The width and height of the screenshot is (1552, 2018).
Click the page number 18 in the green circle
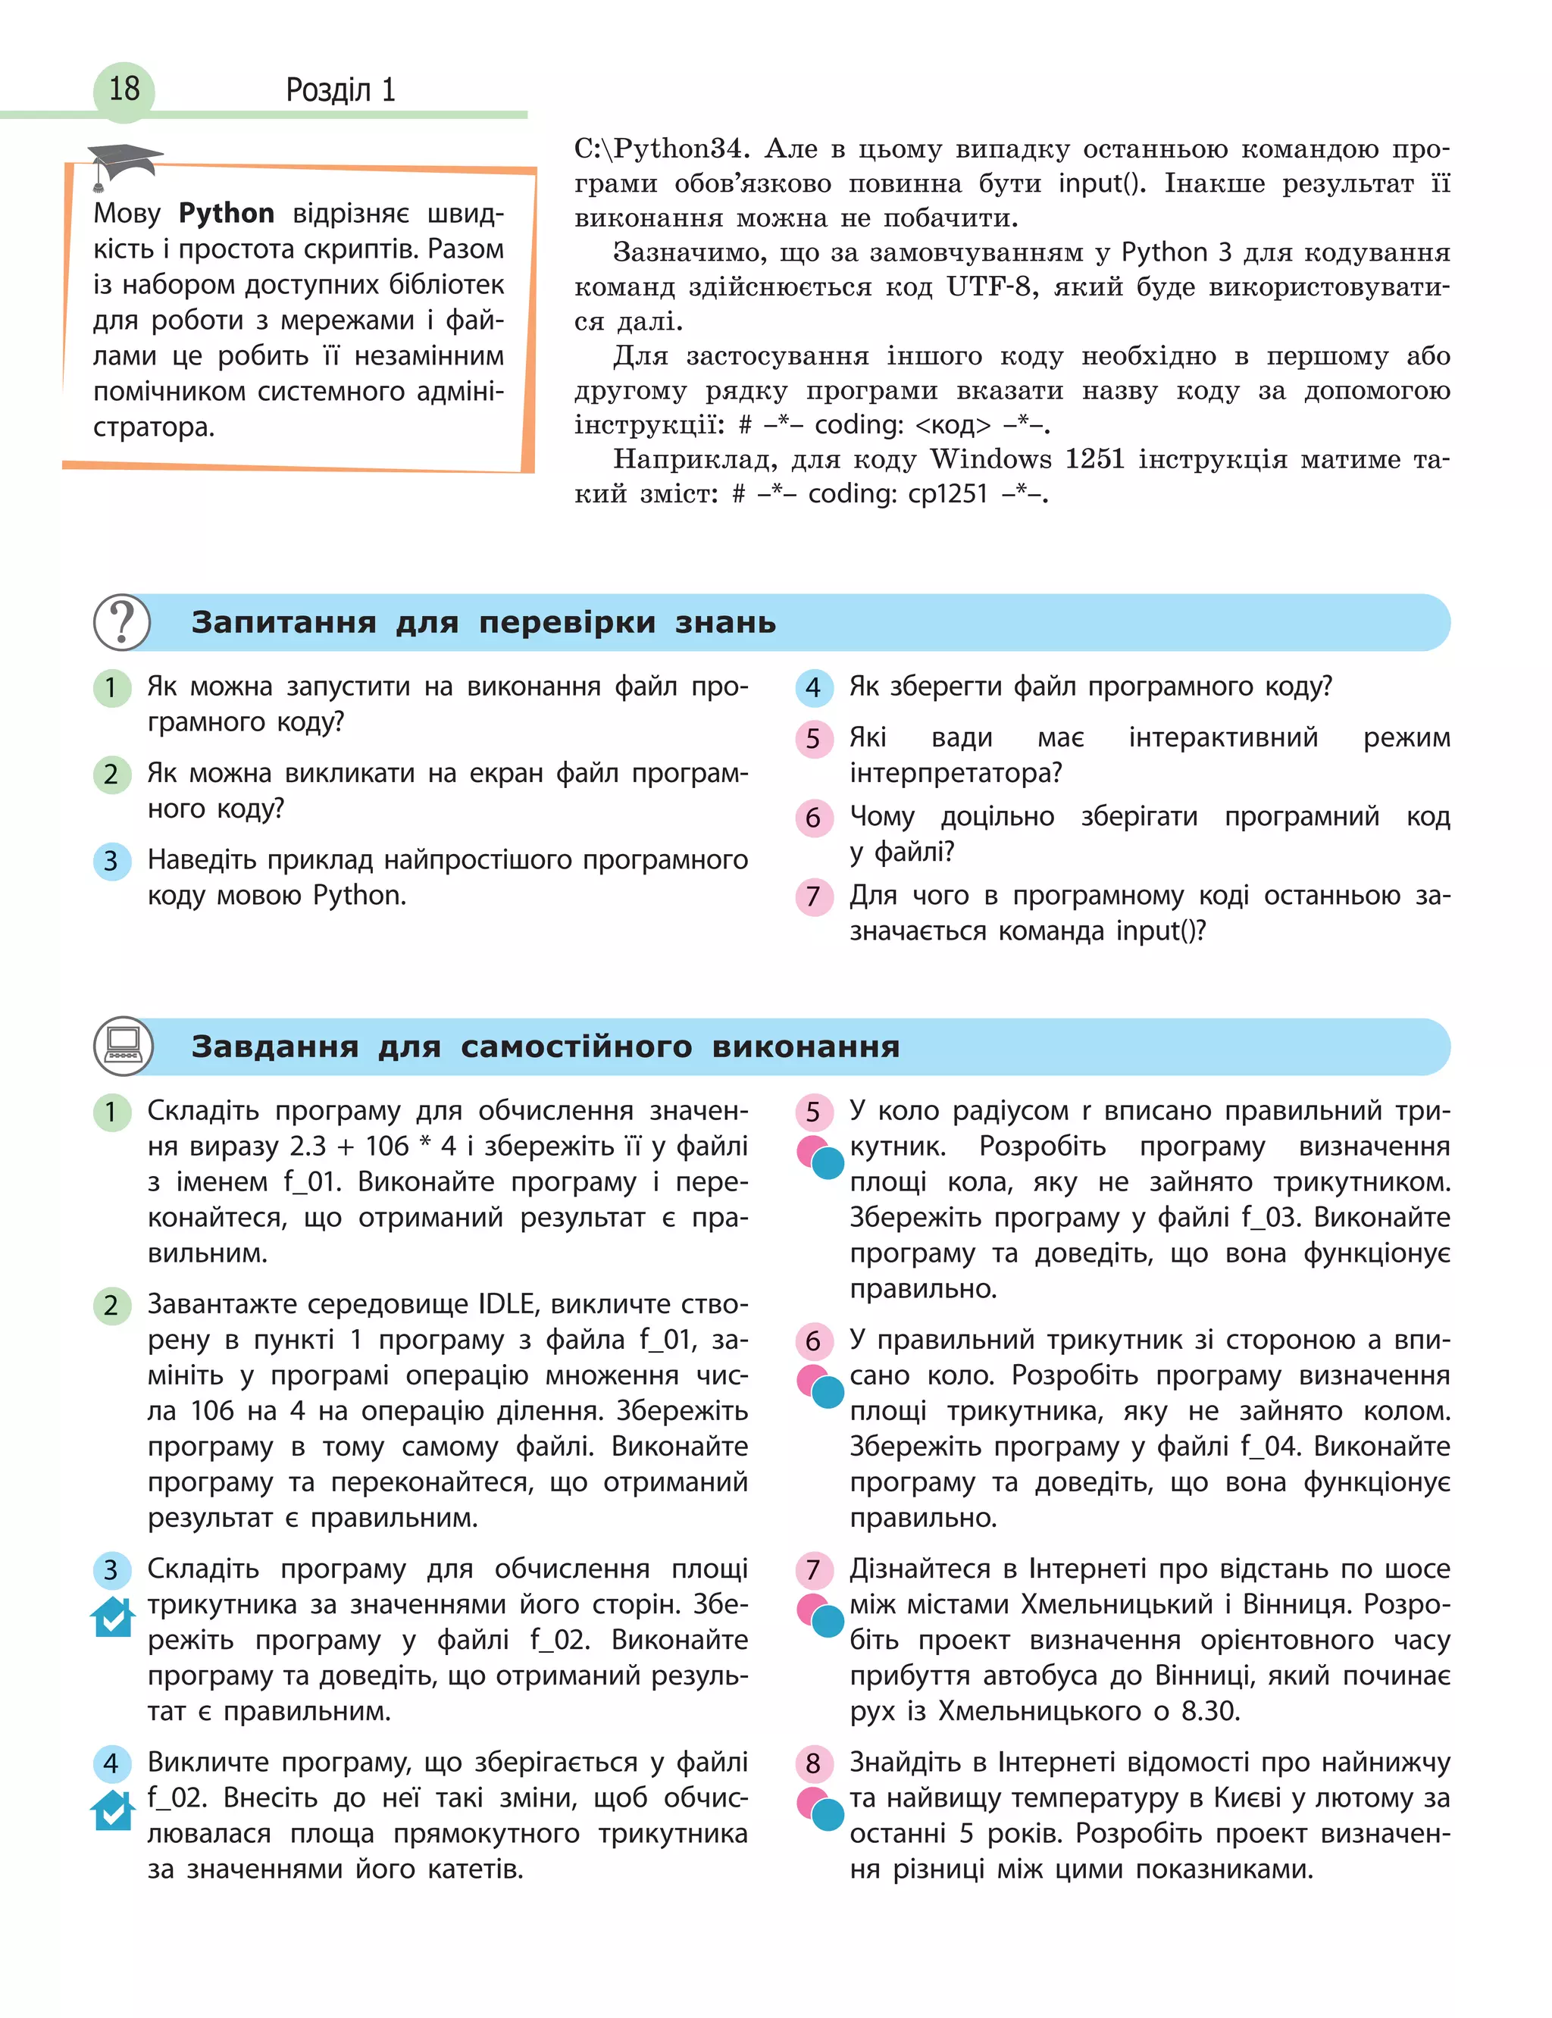[x=124, y=89]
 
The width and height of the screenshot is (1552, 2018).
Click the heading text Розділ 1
[x=340, y=89]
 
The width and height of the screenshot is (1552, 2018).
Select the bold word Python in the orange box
[x=227, y=214]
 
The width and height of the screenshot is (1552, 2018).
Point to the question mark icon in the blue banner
[x=121, y=621]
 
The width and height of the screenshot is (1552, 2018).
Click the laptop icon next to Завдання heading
[x=122, y=1046]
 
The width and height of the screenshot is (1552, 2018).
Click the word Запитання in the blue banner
[x=283, y=622]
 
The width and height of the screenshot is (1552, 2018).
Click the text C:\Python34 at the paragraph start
[x=659, y=149]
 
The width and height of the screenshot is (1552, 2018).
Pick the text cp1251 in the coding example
[x=948, y=494]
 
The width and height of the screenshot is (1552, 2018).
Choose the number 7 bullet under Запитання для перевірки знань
[x=813, y=896]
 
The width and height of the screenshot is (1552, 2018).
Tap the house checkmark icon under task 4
[x=113, y=1810]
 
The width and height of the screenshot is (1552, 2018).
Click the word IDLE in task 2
[x=506, y=1304]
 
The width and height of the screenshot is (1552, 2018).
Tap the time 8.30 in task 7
[x=1209, y=1710]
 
